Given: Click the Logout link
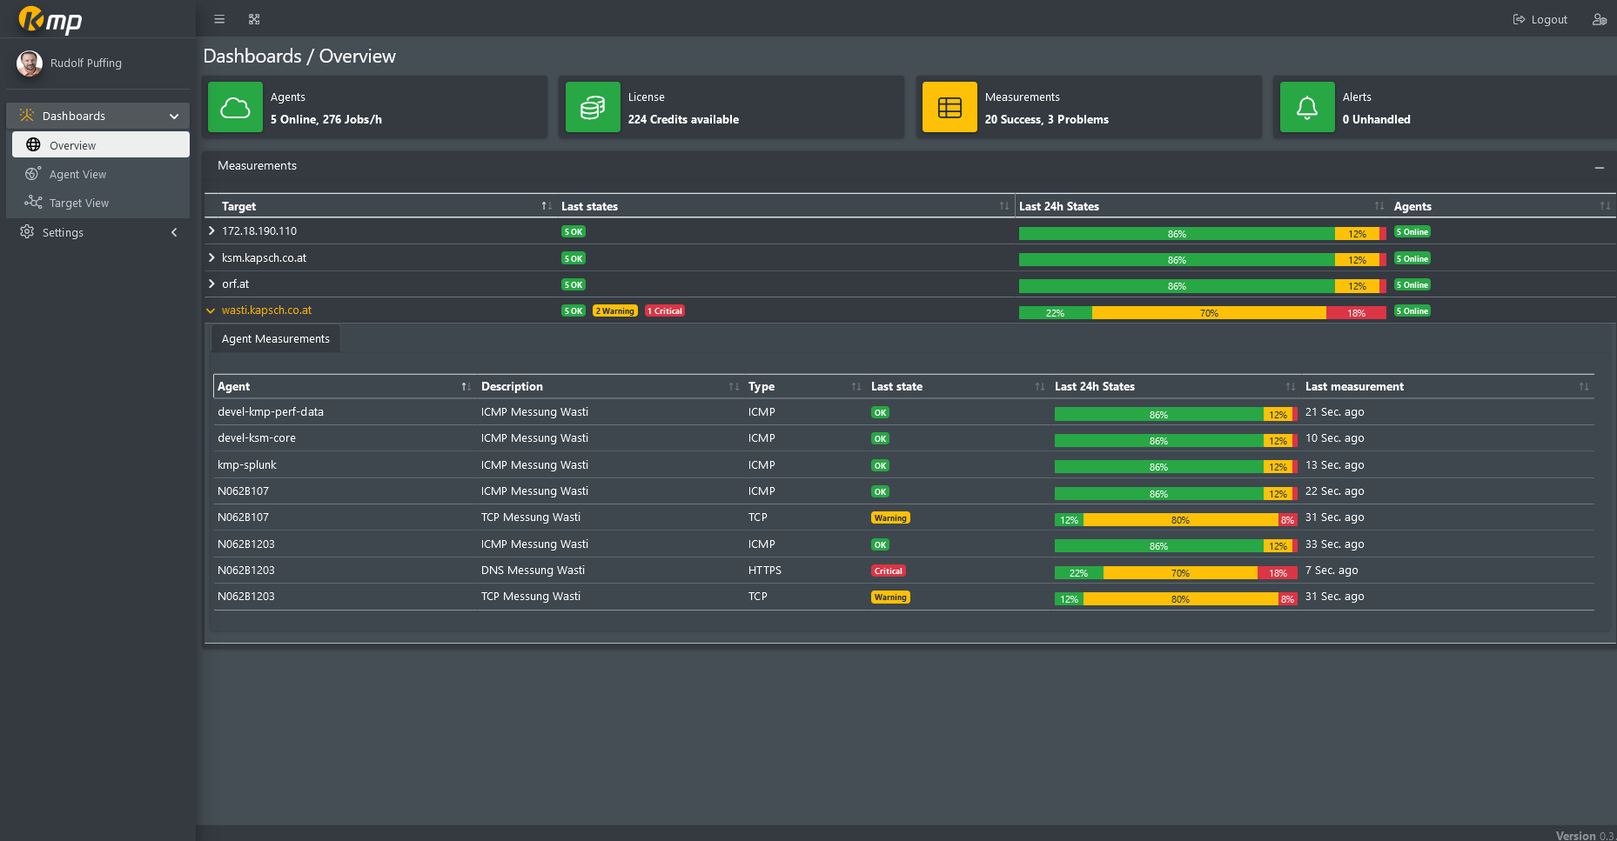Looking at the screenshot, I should [1540, 20].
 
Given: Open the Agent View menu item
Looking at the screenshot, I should [77, 175].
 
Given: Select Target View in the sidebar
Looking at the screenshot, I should [78, 204].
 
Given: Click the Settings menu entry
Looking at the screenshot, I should [63, 233].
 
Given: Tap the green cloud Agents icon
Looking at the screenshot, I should [235, 108].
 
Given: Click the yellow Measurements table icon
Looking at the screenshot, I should [949, 108].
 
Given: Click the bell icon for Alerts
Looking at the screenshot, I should [1306, 108].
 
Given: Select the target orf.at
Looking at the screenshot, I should [235, 284].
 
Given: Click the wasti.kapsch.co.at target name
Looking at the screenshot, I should [266, 310].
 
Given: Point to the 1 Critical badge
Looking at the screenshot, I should [665, 311].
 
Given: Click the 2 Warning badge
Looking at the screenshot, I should [614, 311].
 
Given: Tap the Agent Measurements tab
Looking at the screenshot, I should [275, 339].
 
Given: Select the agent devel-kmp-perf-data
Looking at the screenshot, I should [271, 412].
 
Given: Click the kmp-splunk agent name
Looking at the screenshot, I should [247, 465].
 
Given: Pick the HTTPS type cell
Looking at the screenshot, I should [765, 571].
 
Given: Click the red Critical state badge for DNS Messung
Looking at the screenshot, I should [889, 571].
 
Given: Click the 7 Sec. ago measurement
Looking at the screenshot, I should [1332, 571].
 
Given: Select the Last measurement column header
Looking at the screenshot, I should [1354, 387].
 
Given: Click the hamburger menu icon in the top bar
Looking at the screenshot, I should [219, 19].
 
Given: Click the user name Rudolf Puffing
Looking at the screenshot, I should [86, 63].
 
